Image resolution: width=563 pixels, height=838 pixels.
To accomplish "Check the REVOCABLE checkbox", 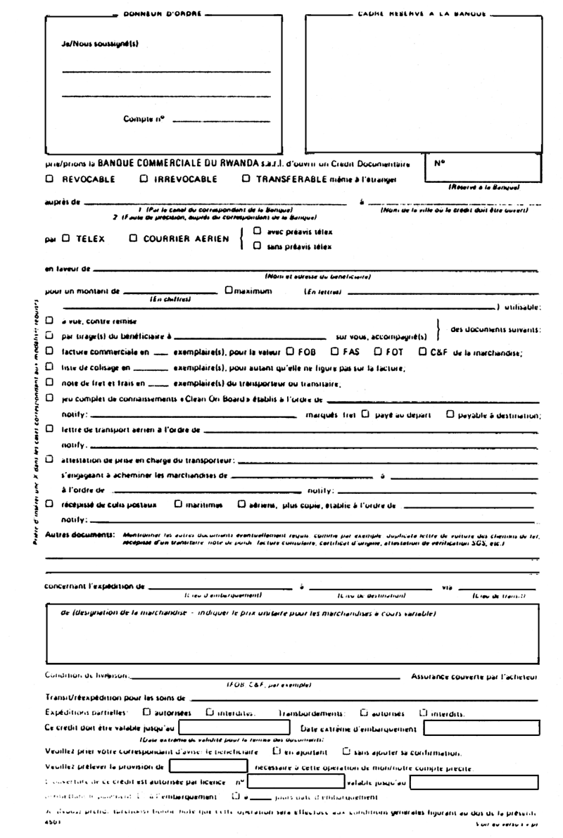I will tap(50, 179).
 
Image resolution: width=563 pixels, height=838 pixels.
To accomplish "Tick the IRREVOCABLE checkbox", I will tap(144, 179).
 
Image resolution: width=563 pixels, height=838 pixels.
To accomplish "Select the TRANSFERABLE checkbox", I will tap(246, 179).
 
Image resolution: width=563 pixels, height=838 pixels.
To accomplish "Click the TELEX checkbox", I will tap(65, 239).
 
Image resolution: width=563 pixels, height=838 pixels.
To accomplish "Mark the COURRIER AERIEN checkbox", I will tap(134, 239).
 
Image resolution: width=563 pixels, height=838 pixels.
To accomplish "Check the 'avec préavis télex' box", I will tap(257, 231).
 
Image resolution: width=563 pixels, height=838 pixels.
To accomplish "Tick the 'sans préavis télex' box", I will tap(257, 246).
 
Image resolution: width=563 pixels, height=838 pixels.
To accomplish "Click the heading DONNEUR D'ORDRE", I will tap(161, 13).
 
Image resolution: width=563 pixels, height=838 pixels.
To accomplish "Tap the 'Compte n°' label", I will tap(144, 119).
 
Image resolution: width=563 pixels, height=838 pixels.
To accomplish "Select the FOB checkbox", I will tap(290, 351).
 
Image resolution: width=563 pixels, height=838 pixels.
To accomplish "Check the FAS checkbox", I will tap(335, 351).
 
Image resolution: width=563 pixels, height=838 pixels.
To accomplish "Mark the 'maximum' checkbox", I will tap(228, 289).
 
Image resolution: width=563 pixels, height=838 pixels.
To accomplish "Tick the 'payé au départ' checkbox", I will tap(365, 414).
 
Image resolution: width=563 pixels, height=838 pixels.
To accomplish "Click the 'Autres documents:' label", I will tap(80, 535).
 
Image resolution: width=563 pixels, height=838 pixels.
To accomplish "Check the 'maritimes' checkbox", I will tap(179, 503).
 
